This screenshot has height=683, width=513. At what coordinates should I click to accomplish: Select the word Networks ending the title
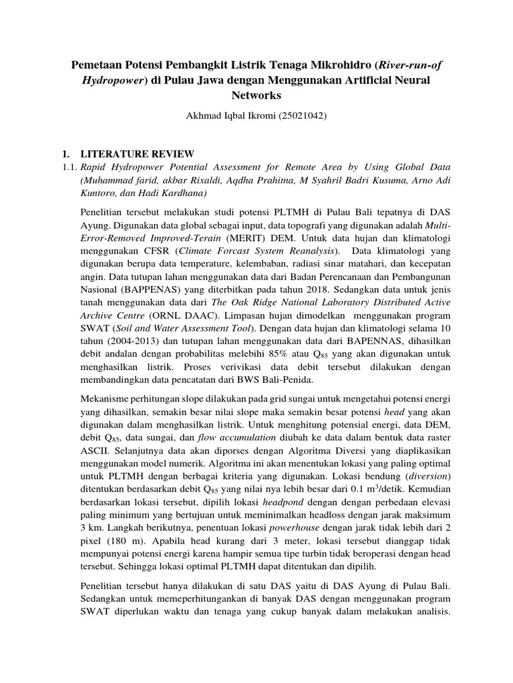point(256,95)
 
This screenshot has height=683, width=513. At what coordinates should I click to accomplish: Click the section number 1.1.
point(61,167)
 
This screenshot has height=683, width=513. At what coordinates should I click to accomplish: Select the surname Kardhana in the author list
point(184,193)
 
